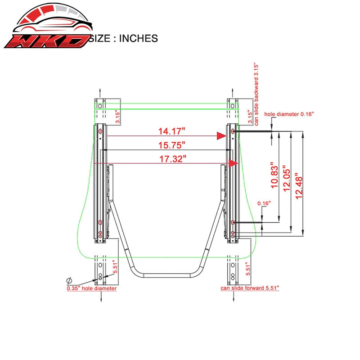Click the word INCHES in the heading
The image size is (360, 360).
[139, 38]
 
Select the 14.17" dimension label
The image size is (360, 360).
[172, 131]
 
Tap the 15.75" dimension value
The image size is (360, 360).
[172, 145]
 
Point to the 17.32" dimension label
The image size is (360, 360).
[173, 159]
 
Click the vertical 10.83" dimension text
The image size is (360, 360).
[274, 175]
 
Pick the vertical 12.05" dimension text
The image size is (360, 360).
[287, 178]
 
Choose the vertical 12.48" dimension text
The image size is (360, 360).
[299, 186]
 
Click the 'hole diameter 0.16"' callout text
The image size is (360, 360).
[289, 114]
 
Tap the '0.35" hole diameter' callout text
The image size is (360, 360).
[92, 288]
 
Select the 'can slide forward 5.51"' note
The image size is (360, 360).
[250, 288]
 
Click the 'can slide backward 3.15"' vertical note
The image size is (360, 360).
[256, 94]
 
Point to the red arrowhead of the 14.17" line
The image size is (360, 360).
[221, 136]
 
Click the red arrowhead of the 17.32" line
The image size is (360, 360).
[234, 163]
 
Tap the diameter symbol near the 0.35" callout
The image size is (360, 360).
[69, 280]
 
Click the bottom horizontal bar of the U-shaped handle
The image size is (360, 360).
[167, 275]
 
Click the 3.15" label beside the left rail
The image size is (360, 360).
[117, 117]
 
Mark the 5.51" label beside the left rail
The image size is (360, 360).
[115, 266]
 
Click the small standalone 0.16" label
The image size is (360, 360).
[264, 203]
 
